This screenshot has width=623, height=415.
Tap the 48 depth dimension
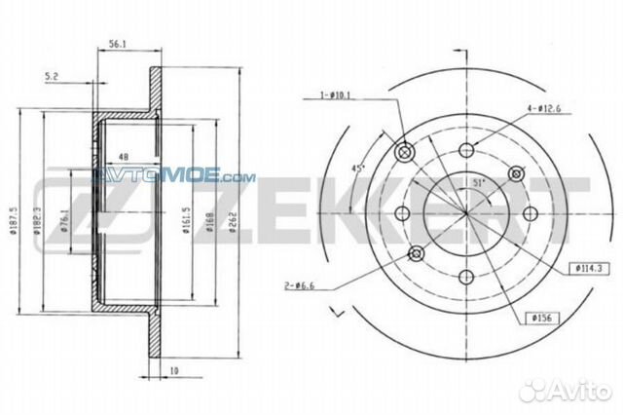[123, 157]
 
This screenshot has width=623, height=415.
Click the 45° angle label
[357, 170]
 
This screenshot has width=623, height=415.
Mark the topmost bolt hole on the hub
[466, 150]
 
